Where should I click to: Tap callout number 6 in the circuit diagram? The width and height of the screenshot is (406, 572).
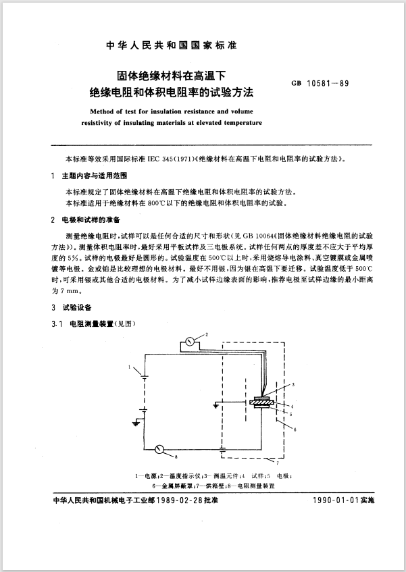(x=295, y=428)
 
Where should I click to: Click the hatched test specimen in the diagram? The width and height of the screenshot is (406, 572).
(x=260, y=404)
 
